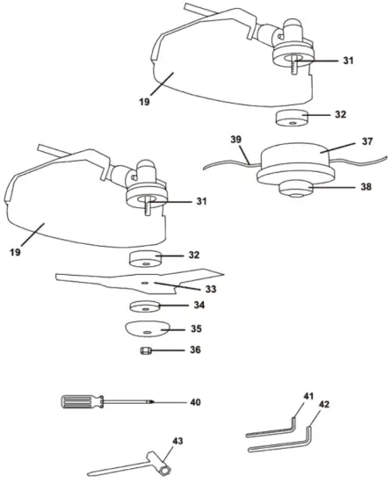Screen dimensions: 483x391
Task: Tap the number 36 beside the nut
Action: [195, 350]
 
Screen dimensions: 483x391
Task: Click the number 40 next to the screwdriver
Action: [195, 401]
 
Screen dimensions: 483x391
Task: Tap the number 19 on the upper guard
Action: [143, 102]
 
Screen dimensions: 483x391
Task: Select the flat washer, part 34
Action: [145, 307]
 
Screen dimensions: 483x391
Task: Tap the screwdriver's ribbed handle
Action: [79, 402]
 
